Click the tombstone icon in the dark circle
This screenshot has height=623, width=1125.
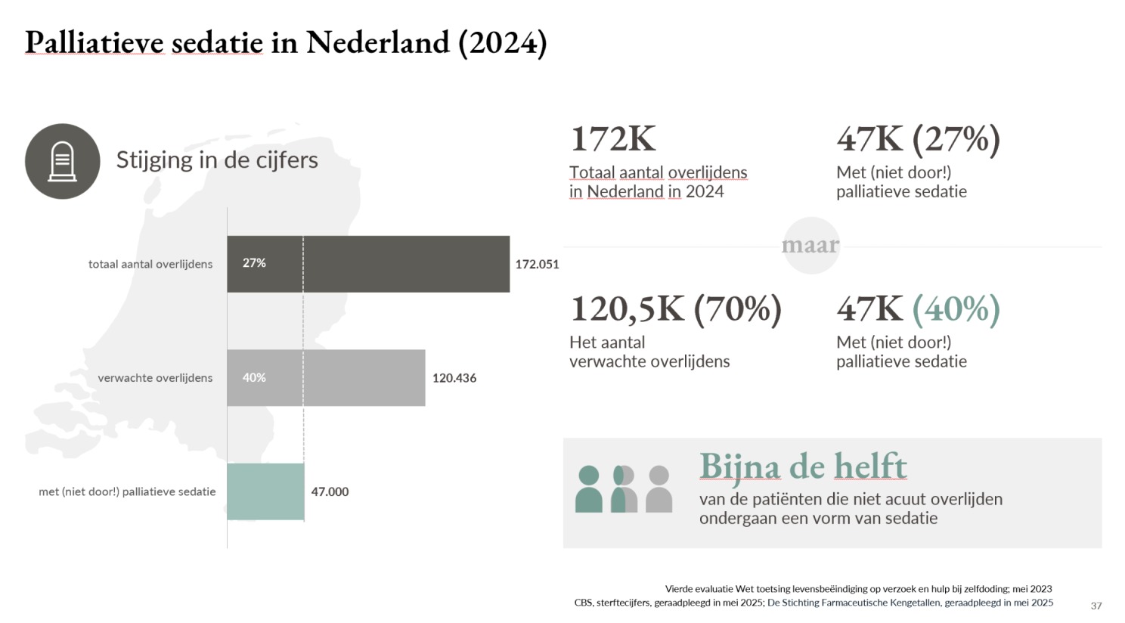pyautogui.click(x=62, y=161)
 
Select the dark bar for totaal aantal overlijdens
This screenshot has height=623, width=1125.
pyautogui.click(x=368, y=264)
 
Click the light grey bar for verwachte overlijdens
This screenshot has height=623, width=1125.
pyautogui.click(x=326, y=378)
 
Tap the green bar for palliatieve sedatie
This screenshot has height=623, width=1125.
pyautogui.click(x=265, y=491)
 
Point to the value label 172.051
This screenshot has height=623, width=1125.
pyautogui.click(x=537, y=265)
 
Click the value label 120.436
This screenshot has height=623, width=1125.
pyautogui.click(x=454, y=378)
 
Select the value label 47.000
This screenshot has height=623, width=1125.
pyautogui.click(x=330, y=491)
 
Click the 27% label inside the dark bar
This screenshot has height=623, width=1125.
pyautogui.click(x=254, y=263)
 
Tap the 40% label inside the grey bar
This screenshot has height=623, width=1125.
pyautogui.click(x=254, y=377)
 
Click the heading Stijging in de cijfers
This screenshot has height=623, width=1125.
pyautogui.click(x=217, y=160)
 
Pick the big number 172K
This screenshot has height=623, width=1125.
pyautogui.click(x=613, y=138)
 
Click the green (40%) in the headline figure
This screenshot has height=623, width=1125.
pyautogui.click(x=956, y=309)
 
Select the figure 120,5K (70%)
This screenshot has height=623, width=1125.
pyautogui.click(x=677, y=309)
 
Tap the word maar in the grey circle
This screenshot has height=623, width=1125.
pyautogui.click(x=810, y=245)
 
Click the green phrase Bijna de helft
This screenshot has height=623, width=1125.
pyautogui.click(x=803, y=466)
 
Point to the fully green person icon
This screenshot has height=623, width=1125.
pyautogui.click(x=589, y=489)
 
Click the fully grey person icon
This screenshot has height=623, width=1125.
pyautogui.click(x=659, y=489)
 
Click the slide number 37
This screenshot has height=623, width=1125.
pyautogui.click(x=1096, y=606)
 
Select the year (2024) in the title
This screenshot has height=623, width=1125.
pyautogui.click(x=503, y=43)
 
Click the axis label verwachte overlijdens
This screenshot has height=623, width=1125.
pyautogui.click(x=155, y=378)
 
